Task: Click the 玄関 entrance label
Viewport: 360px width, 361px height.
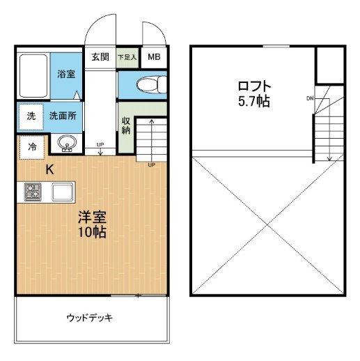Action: (x=100, y=57)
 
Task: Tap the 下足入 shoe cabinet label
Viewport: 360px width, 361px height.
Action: (x=127, y=57)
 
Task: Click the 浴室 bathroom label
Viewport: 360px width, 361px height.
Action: (x=67, y=74)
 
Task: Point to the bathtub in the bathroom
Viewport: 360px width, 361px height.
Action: (x=32, y=75)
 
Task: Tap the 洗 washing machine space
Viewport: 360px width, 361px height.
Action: (x=31, y=116)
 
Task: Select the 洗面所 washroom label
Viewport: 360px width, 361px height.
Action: (x=62, y=116)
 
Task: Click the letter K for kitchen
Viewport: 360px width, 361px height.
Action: (x=50, y=169)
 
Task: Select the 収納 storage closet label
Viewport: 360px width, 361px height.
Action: (x=126, y=126)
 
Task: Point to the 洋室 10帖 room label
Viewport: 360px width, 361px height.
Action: (x=91, y=224)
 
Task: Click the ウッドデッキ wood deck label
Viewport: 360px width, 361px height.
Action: (x=90, y=318)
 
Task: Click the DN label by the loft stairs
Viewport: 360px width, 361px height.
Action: (x=309, y=98)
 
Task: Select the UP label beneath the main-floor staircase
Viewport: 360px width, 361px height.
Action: (x=151, y=165)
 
